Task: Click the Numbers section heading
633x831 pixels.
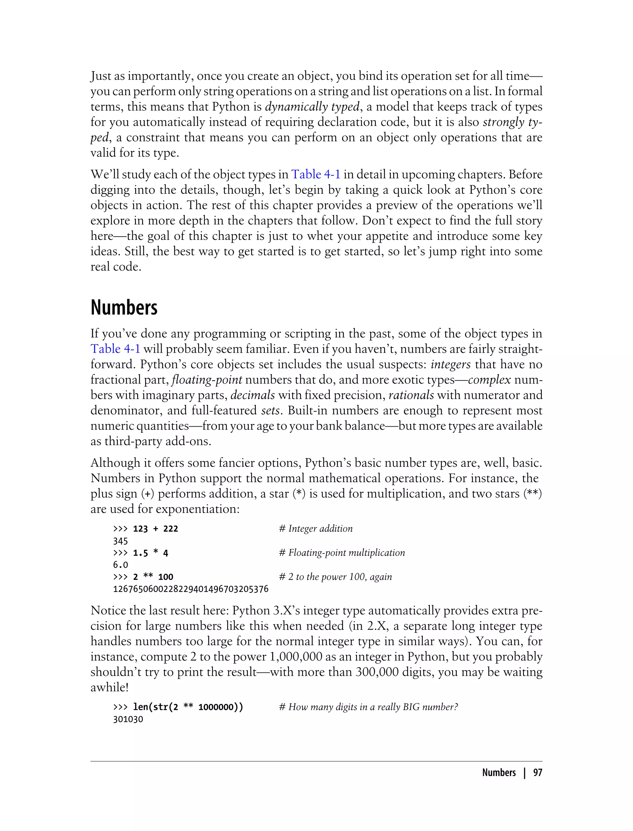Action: coord(124,308)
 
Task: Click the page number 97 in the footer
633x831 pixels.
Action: coord(537,773)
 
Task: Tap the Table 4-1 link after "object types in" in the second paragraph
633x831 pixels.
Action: coord(316,174)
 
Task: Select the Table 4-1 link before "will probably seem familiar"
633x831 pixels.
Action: coord(115,349)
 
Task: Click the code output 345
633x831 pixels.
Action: coord(121,541)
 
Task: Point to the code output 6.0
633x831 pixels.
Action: coord(121,565)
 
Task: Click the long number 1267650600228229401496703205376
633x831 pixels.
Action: coord(191,589)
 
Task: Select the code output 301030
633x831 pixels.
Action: coord(128,719)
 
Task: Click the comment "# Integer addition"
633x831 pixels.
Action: coord(316,529)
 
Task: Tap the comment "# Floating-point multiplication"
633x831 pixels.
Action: coord(342,553)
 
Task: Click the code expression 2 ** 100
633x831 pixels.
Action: coord(153,577)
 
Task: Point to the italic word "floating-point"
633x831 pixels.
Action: coord(206,380)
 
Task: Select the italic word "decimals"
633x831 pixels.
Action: coord(253,395)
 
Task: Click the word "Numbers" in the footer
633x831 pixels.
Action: coord(499,773)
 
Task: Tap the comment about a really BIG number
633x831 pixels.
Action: coord(368,707)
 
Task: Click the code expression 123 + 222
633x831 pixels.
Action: coord(155,529)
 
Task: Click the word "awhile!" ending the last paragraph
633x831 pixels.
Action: coord(109,688)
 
